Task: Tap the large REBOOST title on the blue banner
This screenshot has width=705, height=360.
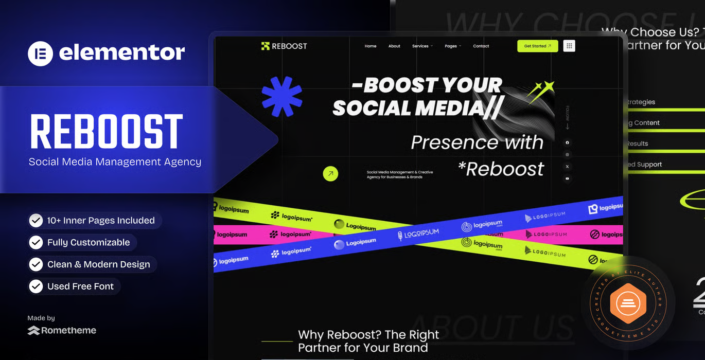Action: [107, 132]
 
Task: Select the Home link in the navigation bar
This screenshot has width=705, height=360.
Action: [371, 46]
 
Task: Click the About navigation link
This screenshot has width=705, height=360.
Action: [394, 46]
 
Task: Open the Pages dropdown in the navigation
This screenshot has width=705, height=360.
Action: [452, 46]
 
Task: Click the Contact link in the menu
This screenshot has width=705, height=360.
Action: [481, 46]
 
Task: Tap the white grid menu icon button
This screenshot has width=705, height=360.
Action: [569, 46]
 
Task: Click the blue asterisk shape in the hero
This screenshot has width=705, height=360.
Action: [282, 96]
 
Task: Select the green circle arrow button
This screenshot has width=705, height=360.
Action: [330, 174]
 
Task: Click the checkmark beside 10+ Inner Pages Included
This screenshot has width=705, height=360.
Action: [36, 221]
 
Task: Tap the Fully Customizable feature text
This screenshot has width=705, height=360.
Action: [89, 243]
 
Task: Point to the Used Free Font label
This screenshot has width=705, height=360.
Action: [80, 286]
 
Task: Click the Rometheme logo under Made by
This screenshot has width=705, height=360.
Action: [62, 330]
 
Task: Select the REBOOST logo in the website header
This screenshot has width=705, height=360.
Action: [284, 46]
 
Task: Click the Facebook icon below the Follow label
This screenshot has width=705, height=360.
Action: [568, 142]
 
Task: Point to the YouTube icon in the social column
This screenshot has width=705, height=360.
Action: [568, 178]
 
